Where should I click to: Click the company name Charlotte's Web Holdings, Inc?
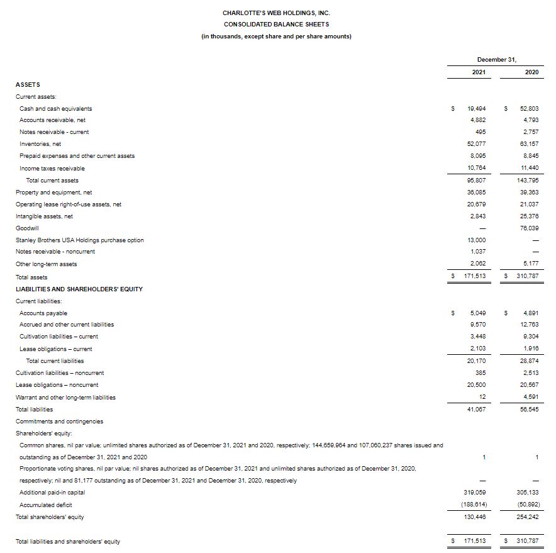coord(276,13)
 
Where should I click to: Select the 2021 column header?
coord(479,72)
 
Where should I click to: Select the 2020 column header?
coord(531,72)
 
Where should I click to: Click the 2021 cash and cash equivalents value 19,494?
coord(476,108)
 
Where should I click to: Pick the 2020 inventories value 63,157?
coord(529,144)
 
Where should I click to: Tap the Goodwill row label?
coord(27,228)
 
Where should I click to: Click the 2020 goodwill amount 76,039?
coord(529,228)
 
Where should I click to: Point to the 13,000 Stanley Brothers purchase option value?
coord(476,240)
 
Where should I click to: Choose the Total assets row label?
coord(31,277)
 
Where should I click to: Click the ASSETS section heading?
coord(28,84)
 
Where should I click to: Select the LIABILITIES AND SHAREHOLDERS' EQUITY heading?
coord(79,289)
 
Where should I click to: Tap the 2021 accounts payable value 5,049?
coord(477,313)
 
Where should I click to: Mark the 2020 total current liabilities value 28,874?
coord(529,360)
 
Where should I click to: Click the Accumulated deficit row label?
coord(46,505)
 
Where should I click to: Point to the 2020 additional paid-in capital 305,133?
coord(528,492)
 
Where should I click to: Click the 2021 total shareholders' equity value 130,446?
coord(475,517)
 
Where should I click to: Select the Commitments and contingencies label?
coord(59,421)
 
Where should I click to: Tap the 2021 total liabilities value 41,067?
coord(476,409)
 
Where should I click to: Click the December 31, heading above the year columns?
coord(497,59)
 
